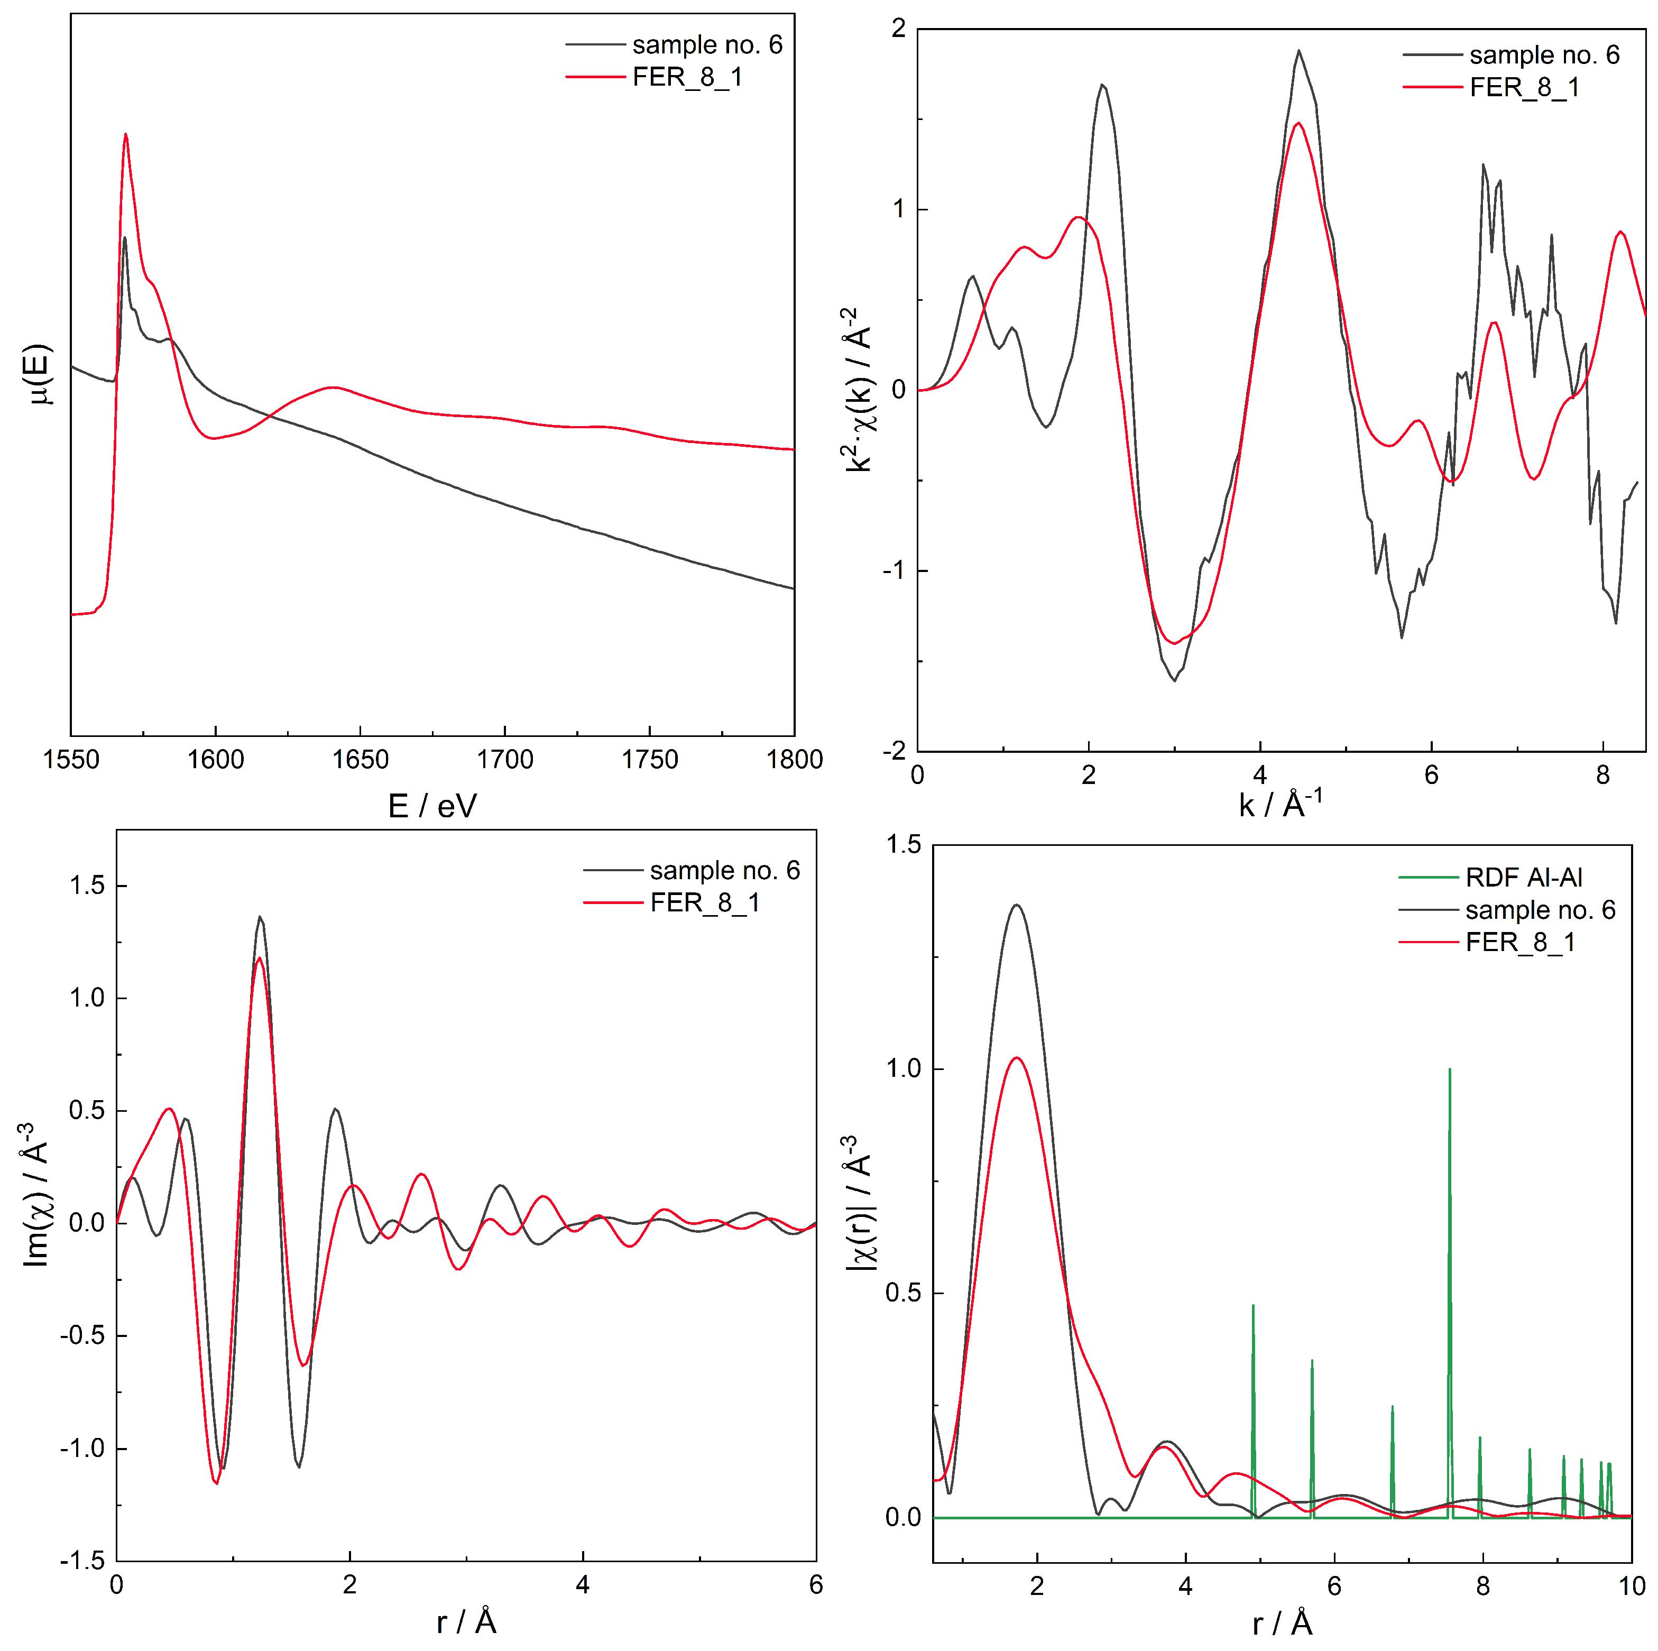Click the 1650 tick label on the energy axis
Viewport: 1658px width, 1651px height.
(x=361, y=760)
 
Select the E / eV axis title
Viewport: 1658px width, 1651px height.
(x=431, y=806)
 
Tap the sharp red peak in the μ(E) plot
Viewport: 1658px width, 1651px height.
(x=126, y=135)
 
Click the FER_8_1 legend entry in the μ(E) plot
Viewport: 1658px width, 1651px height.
(x=687, y=77)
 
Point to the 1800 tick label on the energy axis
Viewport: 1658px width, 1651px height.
(x=794, y=760)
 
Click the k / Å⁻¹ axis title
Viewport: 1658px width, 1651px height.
(x=1281, y=804)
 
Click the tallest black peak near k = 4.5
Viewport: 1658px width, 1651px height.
(x=1298, y=51)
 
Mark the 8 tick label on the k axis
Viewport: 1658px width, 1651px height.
(x=1602, y=776)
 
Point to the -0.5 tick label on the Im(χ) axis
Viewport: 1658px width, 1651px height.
(x=82, y=1335)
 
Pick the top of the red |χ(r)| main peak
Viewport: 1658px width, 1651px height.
(x=1017, y=1058)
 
